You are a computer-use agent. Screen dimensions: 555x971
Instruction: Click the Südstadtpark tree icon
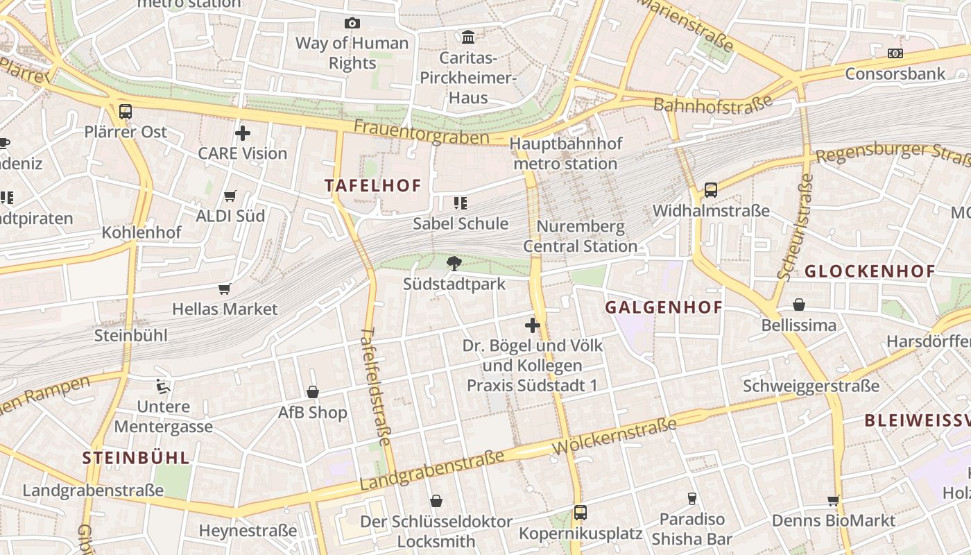(454, 263)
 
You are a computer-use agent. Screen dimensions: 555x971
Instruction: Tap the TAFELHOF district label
(373, 185)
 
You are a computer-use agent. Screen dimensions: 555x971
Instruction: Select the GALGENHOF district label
(664, 307)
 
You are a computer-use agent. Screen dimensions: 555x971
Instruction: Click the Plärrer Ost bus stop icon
(126, 111)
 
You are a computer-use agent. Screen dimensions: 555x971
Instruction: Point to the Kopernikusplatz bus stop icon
(581, 513)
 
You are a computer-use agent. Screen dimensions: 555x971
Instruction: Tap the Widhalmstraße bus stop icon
(711, 189)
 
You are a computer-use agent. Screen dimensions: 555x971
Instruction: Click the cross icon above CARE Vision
(243, 133)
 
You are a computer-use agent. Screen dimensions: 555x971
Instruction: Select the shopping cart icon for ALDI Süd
(230, 196)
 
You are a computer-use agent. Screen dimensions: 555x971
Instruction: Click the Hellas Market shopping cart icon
(224, 289)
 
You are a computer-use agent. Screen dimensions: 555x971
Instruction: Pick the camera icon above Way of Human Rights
(352, 23)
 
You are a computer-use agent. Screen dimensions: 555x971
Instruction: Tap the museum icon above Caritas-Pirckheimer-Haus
(468, 37)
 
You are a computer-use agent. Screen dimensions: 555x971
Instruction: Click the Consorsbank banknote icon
(895, 53)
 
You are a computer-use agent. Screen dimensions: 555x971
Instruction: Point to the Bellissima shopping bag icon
(799, 305)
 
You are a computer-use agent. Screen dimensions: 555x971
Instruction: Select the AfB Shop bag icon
(313, 392)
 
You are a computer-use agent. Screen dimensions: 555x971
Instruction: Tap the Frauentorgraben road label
(421, 133)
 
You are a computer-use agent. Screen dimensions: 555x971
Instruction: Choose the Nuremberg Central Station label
(580, 237)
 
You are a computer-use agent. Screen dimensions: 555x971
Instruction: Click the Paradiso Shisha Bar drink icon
(691, 498)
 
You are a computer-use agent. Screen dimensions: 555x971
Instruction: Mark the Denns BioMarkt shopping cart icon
(833, 500)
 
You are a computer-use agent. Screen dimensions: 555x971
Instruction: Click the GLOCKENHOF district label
(870, 271)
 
